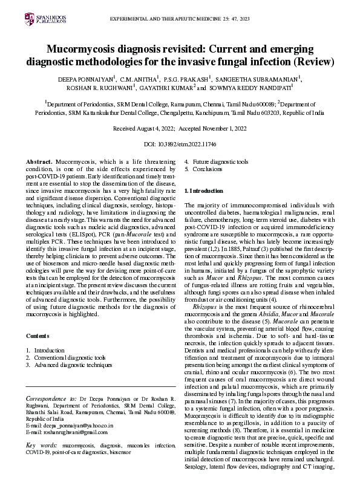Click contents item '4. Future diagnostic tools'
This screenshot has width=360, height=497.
[x=216, y=163]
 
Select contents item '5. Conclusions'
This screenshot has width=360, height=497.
[x=203, y=171]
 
